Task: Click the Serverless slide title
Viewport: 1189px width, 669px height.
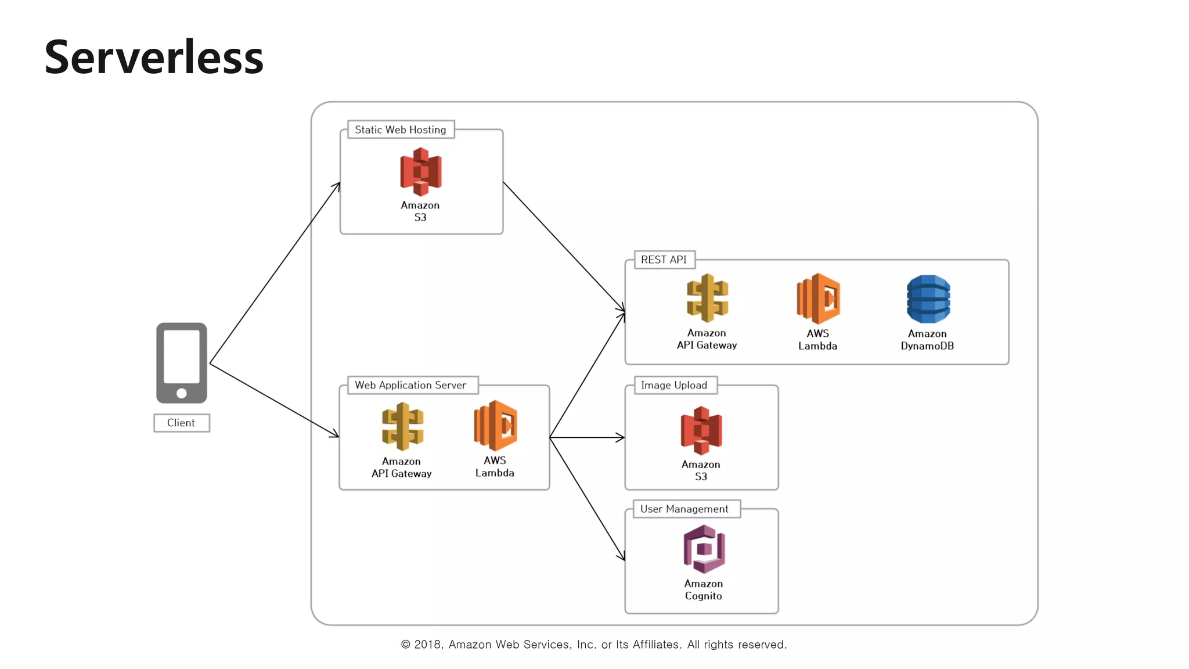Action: (x=154, y=57)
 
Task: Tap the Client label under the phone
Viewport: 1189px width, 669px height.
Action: (x=181, y=423)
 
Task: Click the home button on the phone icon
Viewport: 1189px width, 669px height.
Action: (x=182, y=393)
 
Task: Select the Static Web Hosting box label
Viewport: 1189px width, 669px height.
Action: (x=401, y=130)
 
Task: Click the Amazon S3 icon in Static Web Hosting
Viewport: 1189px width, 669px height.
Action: (x=420, y=172)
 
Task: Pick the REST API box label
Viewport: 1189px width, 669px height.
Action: (x=664, y=260)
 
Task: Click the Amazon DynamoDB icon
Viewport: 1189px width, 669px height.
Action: (x=928, y=299)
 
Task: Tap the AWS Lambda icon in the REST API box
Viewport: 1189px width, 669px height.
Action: (x=818, y=298)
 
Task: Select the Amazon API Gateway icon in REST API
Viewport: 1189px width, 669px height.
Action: (x=707, y=298)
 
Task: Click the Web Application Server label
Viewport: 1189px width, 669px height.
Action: (x=410, y=385)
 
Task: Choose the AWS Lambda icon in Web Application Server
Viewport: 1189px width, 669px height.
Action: (x=495, y=426)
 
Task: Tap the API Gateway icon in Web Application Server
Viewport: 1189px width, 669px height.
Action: (x=402, y=427)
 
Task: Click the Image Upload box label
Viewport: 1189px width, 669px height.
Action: (x=674, y=385)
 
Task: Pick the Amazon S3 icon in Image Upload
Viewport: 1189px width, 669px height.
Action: (x=701, y=430)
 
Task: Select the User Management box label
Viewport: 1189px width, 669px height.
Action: (x=684, y=509)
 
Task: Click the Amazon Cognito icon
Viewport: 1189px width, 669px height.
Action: (x=704, y=549)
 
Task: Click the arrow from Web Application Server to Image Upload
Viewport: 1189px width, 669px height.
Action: (x=586, y=437)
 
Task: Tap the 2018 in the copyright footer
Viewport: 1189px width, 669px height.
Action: (x=428, y=645)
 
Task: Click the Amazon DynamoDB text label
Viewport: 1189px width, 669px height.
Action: (x=927, y=340)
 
